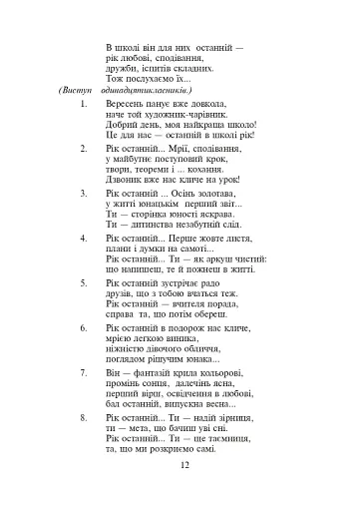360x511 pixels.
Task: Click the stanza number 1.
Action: (x=84, y=103)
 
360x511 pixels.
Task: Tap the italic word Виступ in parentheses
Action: (x=77, y=89)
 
